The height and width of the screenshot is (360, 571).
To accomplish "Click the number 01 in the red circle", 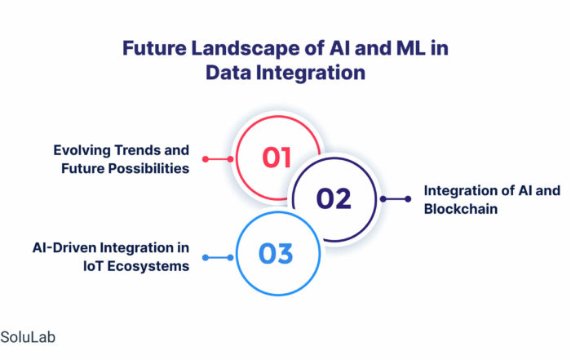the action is click(277, 158).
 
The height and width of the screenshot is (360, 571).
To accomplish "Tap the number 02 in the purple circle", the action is click(334, 198).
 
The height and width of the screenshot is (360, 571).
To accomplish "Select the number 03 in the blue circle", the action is click(276, 254).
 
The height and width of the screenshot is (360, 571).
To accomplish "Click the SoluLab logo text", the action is click(28, 337).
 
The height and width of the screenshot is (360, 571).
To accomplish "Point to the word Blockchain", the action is click(461, 209).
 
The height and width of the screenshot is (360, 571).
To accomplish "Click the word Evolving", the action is click(82, 150).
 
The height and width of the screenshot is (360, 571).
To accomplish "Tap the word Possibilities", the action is click(149, 168).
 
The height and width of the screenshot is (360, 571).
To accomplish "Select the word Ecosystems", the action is click(148, 266).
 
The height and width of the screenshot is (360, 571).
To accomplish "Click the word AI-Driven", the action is click(64, 248).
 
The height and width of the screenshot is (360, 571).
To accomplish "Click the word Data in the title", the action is click(228, 72).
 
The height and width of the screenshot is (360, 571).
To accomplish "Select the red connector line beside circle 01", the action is click(218, 159).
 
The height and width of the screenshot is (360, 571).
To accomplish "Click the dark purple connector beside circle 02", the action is click(396, 199).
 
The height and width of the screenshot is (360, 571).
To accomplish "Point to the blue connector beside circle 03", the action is click(218, 258).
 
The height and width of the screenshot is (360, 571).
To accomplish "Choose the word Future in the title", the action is click(154, 47).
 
